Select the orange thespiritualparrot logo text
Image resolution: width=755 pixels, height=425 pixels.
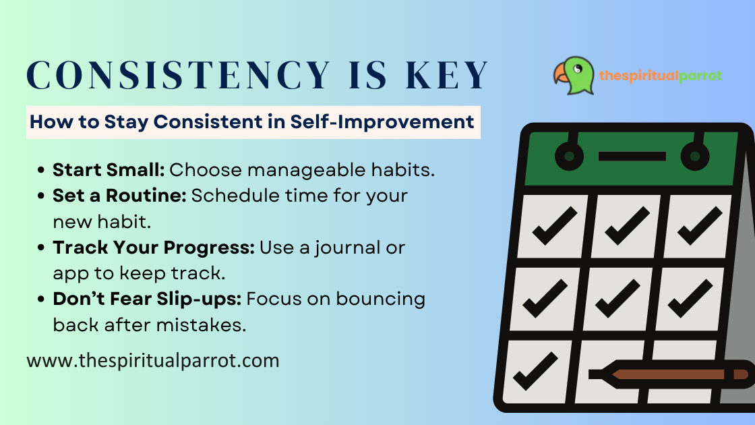click(x=661, y=76)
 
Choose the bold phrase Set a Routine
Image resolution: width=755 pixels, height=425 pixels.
click(x=119, y=196)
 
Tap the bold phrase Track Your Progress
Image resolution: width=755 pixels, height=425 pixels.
click(x=154, y=248)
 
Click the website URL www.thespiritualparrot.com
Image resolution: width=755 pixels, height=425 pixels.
click(x=152, y=360)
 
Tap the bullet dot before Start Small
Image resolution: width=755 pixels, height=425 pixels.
click(x=42, y=170)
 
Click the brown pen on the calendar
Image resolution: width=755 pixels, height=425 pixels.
click(x=668, y=374)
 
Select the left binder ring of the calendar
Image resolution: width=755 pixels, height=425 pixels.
click(x=569, y=157)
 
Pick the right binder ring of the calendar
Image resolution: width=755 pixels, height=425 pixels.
click(x=694, y=157)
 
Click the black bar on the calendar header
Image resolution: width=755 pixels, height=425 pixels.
click(x=632, y=157)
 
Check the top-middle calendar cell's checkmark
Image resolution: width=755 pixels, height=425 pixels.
click(x=627, y=227)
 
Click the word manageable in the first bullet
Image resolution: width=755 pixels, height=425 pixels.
click(x=295, y=169)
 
